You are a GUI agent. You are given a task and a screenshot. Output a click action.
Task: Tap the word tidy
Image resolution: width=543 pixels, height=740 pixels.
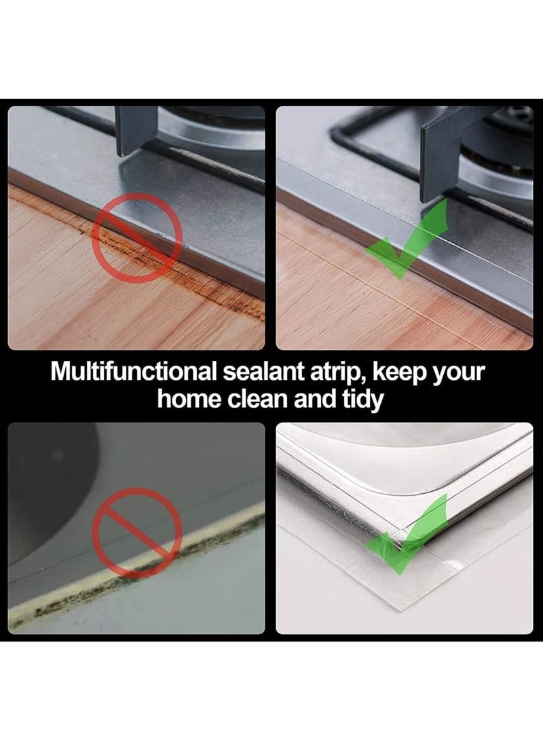[361, 400]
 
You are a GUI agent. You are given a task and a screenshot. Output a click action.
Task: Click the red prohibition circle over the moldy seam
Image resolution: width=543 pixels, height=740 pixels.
[138, 533]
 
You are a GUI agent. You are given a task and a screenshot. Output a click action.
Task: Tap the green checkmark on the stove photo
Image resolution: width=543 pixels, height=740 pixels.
[405, 237]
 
